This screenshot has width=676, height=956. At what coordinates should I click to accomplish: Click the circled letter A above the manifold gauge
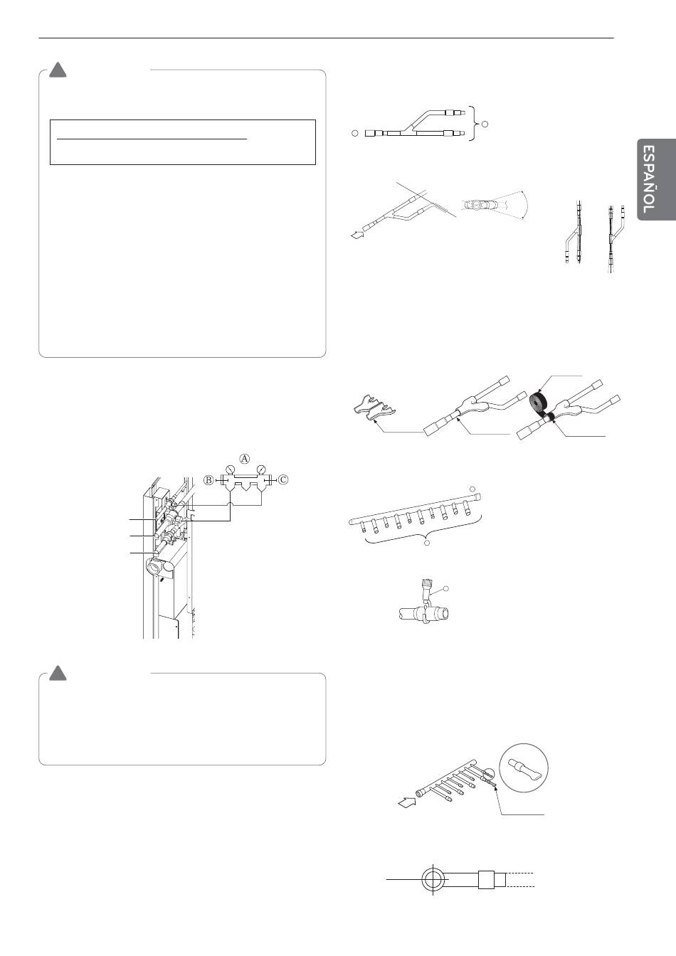[244, 458]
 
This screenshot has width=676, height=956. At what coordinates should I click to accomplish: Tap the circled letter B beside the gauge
[208, 479]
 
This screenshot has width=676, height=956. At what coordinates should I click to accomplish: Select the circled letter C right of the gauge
[283, 479]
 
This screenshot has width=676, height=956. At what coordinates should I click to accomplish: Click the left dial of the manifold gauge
[231, 471]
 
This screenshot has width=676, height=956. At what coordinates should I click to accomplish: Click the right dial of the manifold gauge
[260, 471]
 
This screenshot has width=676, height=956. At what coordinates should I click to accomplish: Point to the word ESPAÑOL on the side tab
[648, 179]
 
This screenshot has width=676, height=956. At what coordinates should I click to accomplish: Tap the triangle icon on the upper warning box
[58, 70]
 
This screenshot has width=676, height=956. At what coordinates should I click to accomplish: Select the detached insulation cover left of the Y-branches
[374, 407]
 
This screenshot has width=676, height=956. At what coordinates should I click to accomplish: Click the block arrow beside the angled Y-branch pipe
[357, 234]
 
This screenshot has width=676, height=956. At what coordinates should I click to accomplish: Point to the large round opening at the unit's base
[154, 567]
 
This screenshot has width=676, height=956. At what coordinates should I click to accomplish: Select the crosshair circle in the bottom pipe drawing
[433, 879]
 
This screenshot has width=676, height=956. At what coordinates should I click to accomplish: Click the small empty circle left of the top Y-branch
[354, 133]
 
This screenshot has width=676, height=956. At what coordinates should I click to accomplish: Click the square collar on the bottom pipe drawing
[486, 879]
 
